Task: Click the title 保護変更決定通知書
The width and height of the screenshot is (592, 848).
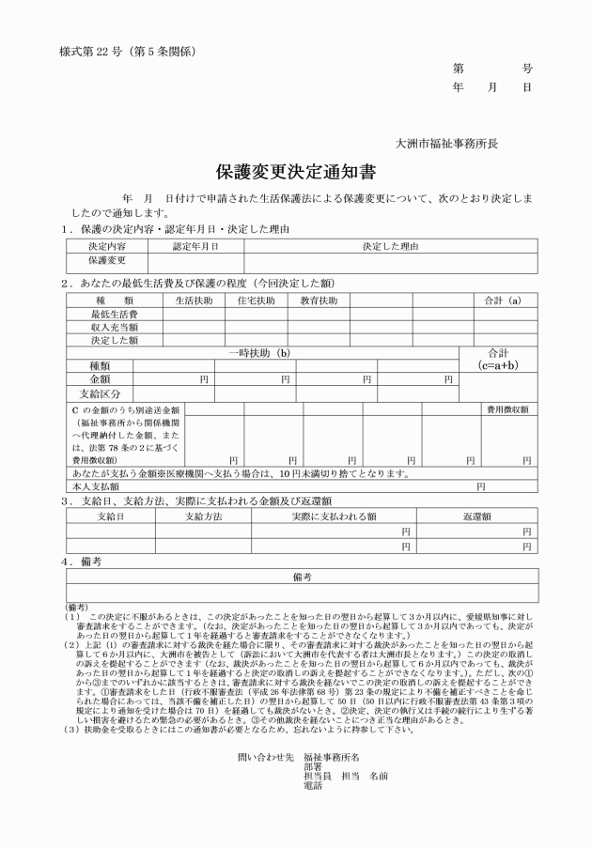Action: tap(296, 172)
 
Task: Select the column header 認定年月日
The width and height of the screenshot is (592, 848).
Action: tap(195, 246)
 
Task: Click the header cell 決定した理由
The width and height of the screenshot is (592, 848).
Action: tap(390, 246)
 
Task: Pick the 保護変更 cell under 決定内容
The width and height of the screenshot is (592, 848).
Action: tap(107, 260)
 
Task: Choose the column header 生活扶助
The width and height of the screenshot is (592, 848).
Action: tap(195, 301)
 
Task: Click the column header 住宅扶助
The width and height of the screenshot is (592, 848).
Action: tap(257, 301)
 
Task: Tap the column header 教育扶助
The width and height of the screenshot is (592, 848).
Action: tap(319, 301)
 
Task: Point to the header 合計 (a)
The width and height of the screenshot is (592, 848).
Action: tap(503, 301)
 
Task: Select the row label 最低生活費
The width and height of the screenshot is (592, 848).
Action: tap(114, 314)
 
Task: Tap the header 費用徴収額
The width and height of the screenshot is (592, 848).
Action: tap(506, 409)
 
